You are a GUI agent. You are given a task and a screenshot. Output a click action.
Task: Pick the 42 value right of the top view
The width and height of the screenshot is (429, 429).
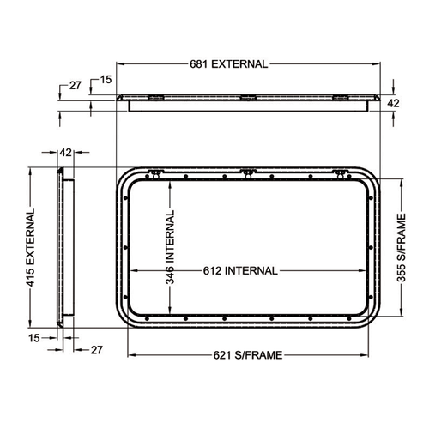[394, 102]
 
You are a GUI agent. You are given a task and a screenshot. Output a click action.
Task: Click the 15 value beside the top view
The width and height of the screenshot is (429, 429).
[106, 80]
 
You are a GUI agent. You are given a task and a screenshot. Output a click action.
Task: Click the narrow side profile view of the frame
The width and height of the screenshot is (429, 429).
[63, 249]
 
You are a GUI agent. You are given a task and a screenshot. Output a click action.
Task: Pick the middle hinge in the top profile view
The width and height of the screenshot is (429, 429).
[246, 97]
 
